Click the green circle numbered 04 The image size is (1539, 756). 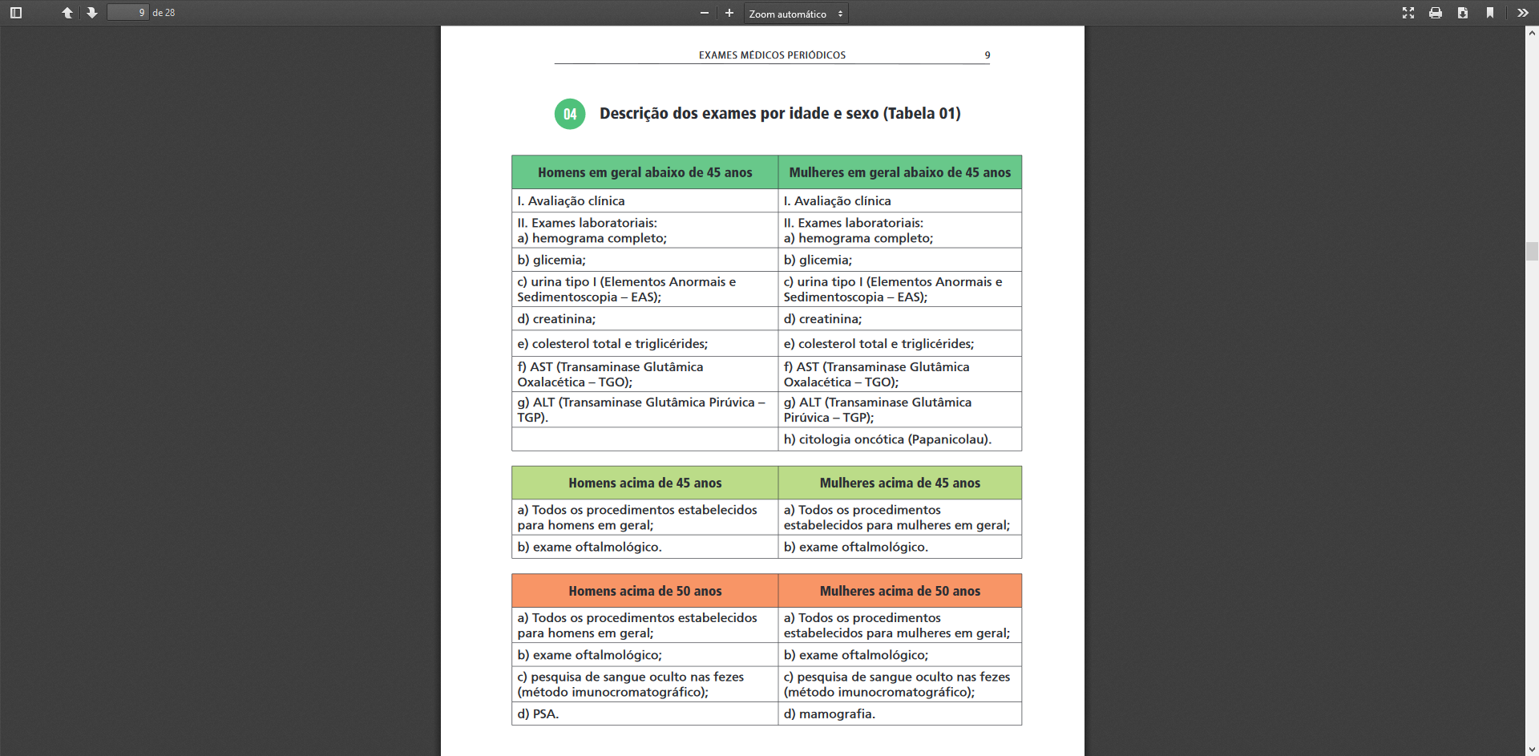[570, 114]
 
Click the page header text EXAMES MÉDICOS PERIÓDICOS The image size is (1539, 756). [772, 55]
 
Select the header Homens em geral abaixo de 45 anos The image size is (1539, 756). [644, 172]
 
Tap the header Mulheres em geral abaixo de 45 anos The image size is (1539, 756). [899, 172]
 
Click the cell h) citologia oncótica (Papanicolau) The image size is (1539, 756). [887, 439]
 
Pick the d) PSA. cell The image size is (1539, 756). [538, 714]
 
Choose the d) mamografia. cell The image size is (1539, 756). [829, 714]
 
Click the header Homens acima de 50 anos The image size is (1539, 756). [644, 591]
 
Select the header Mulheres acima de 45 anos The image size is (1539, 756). [899, 483]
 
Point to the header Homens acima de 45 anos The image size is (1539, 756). [644, 483]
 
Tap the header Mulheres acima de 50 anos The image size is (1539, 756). [899, 591]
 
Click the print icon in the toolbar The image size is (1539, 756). [1436, 13]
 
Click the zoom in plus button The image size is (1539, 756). [729, 13]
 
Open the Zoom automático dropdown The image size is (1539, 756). [795, 14]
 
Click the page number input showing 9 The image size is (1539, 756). [128, 13]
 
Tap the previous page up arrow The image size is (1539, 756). [67, 13]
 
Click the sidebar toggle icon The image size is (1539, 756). [16, 13]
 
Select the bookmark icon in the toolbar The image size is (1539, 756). [1490, 13]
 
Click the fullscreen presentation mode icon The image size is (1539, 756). [1408, 13]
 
